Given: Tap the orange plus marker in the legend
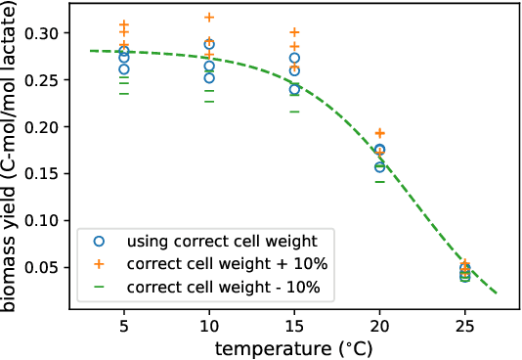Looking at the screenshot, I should coord(98,263).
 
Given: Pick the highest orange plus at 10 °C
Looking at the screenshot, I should coord(209,18).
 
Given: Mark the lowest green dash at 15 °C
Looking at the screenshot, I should coord(294,112).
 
